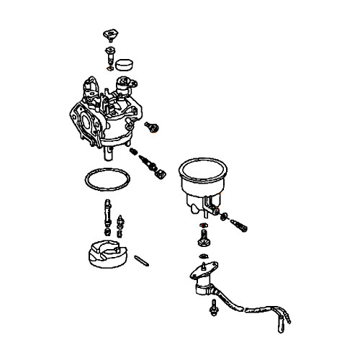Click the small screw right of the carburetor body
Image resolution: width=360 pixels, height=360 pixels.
tap(153, 127)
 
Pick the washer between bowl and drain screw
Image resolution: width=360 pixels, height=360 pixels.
tap(228, 217)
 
